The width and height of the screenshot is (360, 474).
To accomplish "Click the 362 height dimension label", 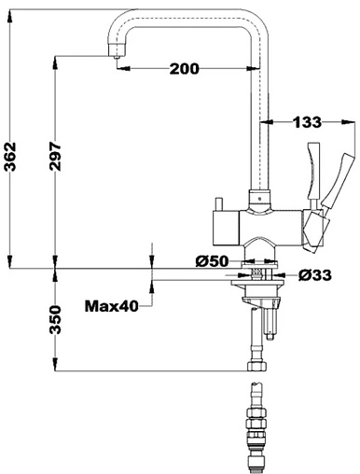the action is pos(11,157).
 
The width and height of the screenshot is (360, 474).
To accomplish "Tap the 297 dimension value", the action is pos(55,157).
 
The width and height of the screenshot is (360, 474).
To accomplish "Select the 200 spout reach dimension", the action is pos(184,68).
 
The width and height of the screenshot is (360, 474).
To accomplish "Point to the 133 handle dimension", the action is pos(307,122).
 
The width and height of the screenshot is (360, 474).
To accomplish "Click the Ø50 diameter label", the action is pos(212,261).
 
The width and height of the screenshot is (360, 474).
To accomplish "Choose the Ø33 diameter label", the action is pos(315,275).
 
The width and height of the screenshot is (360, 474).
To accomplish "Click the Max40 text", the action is pos(111,306).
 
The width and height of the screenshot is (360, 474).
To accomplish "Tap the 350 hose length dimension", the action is pos(55,319).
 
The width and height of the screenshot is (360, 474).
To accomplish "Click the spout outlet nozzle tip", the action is pos(117,57).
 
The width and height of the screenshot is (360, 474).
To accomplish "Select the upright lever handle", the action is pos(312,171).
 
